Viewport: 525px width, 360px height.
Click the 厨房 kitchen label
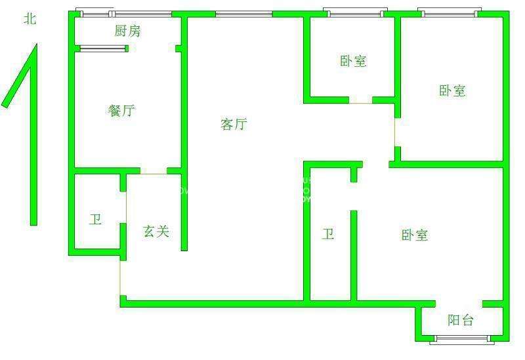(x=127, y=31)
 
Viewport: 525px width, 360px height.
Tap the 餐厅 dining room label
(x=121, y=110)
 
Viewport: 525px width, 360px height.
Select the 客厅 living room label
(x=234, y=124)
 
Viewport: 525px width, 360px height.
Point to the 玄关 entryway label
(x=156, y=231)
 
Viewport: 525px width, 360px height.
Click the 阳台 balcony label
(x=461, y=320)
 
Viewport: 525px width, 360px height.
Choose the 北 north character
(x=30, y=19)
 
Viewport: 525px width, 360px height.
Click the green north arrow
(x=30, y=131)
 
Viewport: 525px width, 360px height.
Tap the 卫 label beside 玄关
(x=96, y=219)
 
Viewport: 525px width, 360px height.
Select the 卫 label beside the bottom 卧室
(x=328, y=234)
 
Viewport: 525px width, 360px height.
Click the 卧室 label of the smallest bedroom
(x=353, y=62)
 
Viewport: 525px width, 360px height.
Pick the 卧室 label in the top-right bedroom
(x=452, y=90)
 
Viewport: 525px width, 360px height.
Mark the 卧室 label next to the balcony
(x=415, y=235)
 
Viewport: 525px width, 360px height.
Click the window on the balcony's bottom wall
(x=463, y=339)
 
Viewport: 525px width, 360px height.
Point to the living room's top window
(x=243, y=13)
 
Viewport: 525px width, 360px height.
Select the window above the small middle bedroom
(x=354, y=12)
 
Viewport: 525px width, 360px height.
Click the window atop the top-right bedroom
(x=450, y=12)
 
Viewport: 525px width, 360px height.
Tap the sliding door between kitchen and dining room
(x=102, y=48)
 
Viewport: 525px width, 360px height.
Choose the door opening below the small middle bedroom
(x=360, y=101)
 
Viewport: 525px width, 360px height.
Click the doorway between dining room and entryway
(x=154, y=172)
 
